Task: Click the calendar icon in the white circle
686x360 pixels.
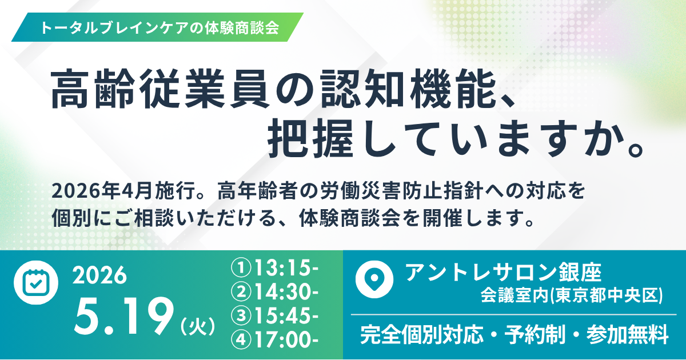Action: (36, 282)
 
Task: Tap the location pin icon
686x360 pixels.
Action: (374, 279)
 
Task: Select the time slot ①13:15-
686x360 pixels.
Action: (275, 268)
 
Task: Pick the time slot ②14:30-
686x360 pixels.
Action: (275, 292)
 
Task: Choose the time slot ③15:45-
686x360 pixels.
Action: (275, 315)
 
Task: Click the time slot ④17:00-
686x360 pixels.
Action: (275, 339)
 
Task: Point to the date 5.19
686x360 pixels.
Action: (122, 320)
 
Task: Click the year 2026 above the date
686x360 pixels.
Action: (100, 275)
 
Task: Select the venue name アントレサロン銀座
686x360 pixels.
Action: (504, 273)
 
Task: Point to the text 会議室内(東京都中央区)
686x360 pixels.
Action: (572, 295)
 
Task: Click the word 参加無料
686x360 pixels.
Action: (627, 335)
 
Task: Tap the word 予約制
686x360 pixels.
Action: (535, 335)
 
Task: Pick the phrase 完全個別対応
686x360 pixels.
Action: (422, 335)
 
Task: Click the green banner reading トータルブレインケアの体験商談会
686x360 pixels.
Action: (157, 27)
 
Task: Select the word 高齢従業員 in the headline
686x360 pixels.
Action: (161, 89)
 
